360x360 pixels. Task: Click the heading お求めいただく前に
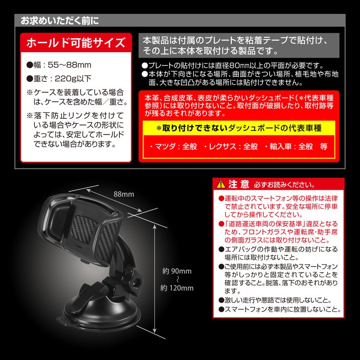point(60,21)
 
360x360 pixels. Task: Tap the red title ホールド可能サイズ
point(76,43)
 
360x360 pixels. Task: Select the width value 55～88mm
point(69,65)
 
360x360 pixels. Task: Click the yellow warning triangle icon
point(221,184)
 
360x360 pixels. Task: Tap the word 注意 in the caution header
point(239,184)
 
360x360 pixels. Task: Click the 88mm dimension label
point(124,194)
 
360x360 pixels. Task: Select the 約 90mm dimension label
point(177,271)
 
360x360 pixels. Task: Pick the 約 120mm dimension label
point(177,288)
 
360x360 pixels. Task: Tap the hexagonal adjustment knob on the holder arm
point(137,280)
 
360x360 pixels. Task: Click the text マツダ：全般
point(176,146)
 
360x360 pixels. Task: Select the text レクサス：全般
point(233,146)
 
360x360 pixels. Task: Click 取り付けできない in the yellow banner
point(195,128)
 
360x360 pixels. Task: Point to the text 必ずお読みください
point(285,185)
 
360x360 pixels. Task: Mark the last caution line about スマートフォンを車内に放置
point(279,309)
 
